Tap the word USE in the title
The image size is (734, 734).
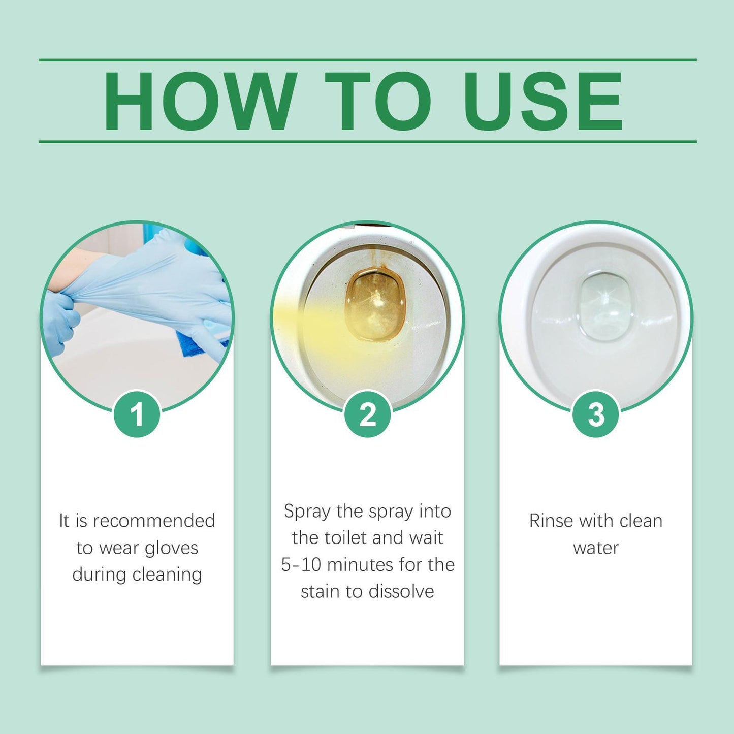coord(542,102)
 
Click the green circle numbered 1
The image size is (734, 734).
coord(137,414)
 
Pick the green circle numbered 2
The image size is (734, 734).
coord(367,414)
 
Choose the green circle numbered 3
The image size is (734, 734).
coord(596,414)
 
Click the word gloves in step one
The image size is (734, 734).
coord(171,548)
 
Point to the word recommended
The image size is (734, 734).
coord(154,521)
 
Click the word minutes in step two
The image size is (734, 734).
coord(356,564)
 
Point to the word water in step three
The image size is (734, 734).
coord(596,548)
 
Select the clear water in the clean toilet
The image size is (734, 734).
coord(603,307)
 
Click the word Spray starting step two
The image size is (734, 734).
coord(307,510)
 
